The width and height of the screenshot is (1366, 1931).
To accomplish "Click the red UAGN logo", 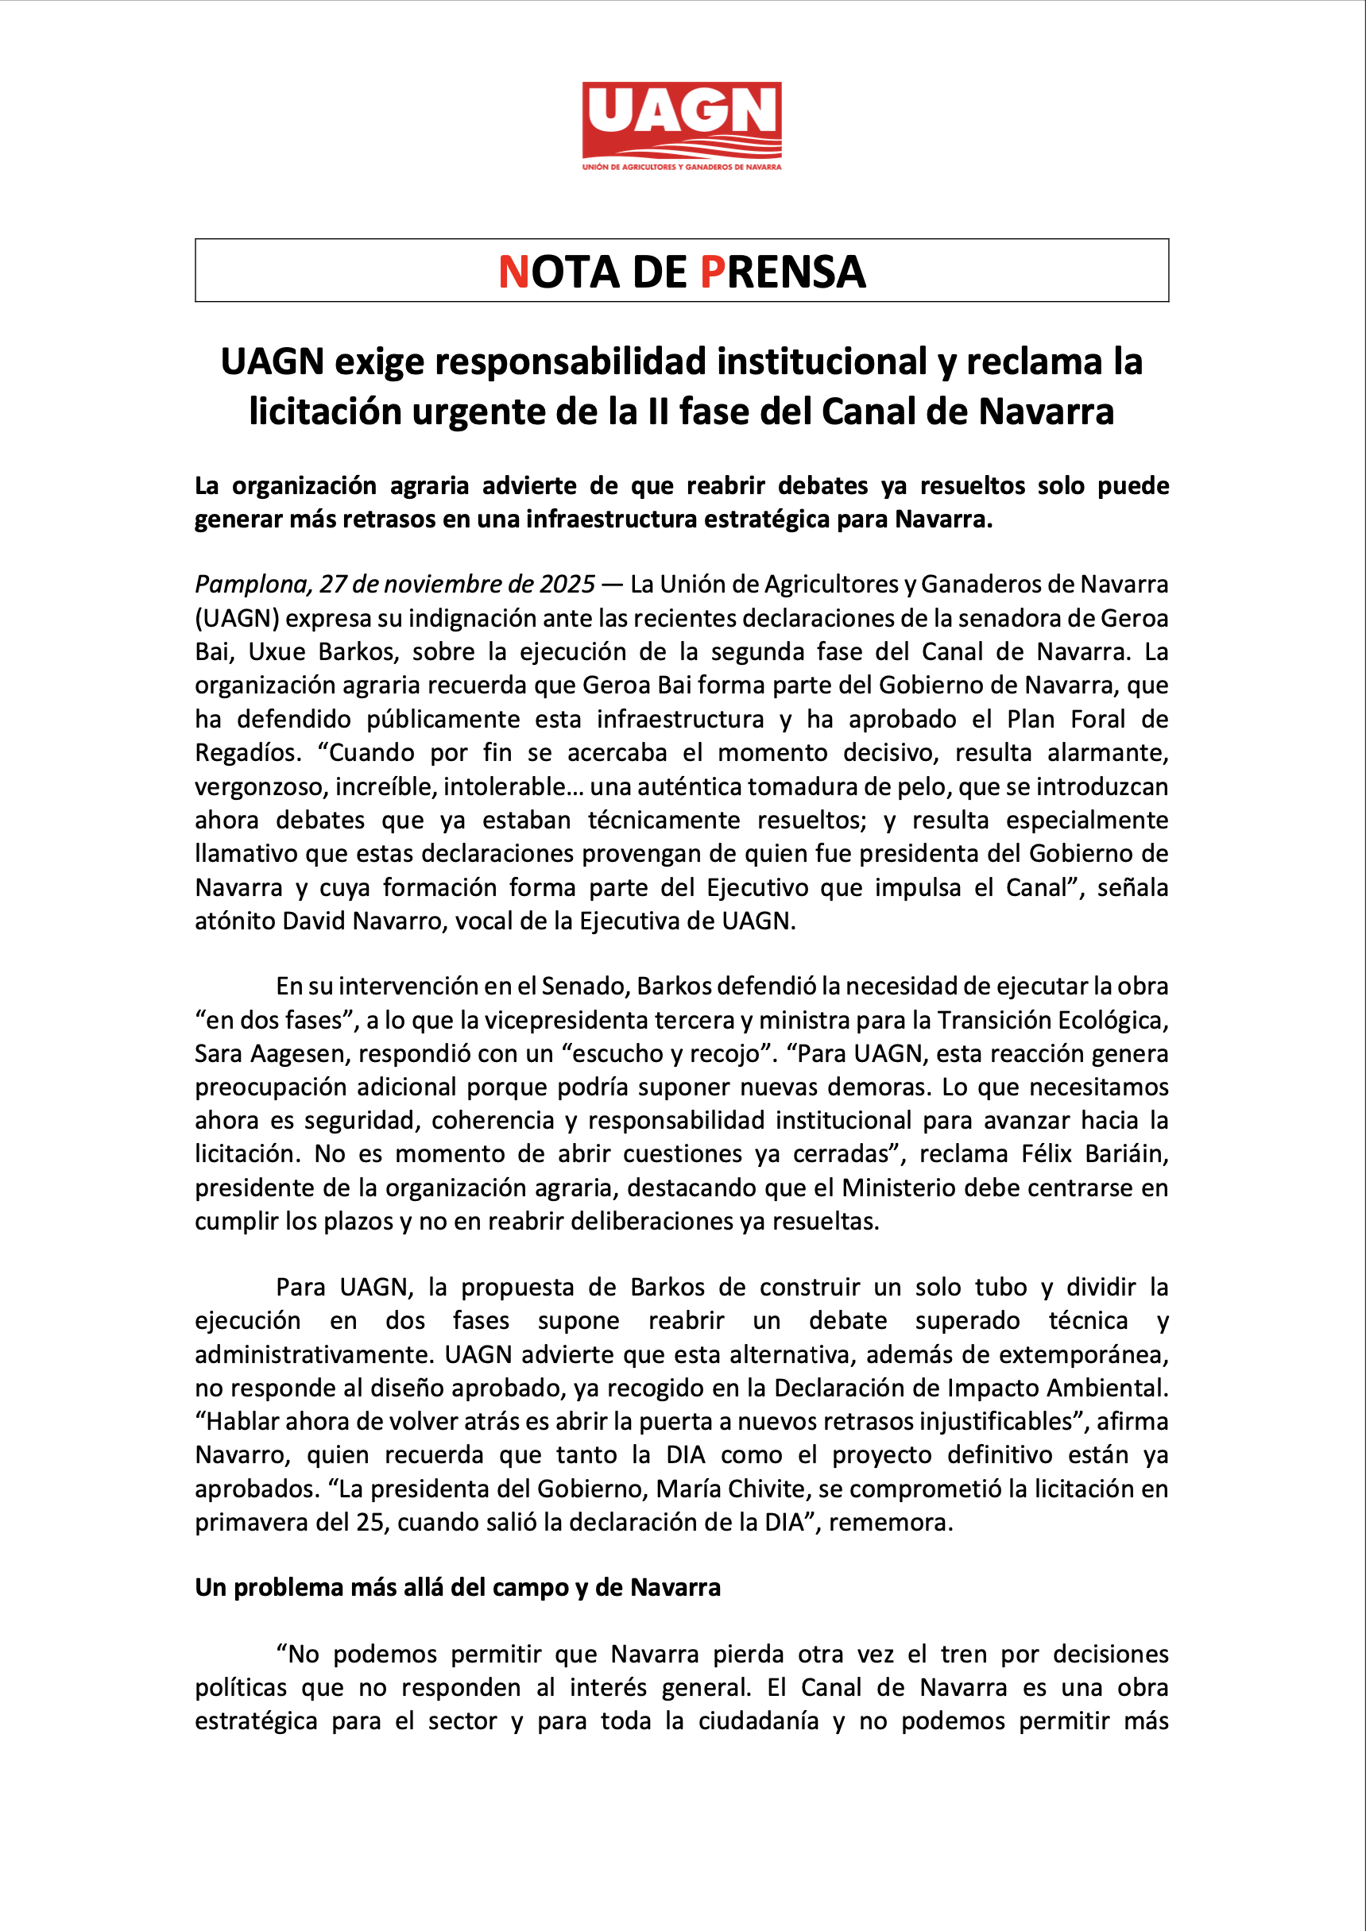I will [681, 125].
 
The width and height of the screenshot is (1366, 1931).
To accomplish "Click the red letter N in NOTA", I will [513, 272].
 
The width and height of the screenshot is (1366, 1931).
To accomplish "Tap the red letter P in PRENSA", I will [711, 272].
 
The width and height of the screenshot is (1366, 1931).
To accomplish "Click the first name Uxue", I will [277, 652].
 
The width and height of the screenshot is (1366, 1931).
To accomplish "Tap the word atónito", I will [234, 921].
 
